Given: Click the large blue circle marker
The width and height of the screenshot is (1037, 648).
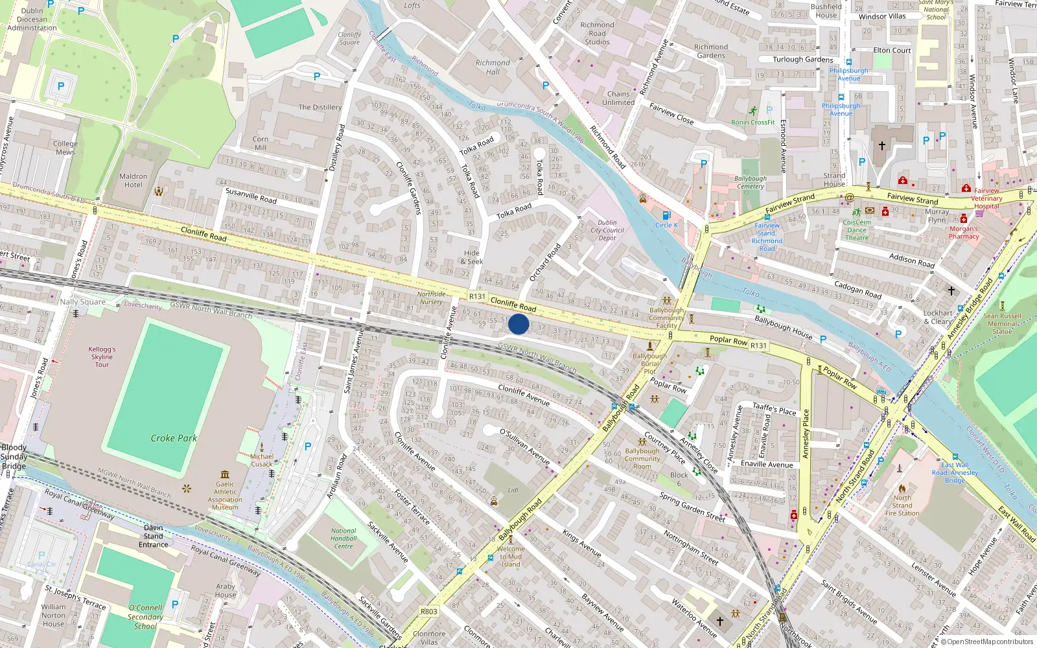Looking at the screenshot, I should tap(518, 324).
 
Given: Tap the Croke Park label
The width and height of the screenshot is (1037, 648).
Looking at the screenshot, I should tap(174, 438).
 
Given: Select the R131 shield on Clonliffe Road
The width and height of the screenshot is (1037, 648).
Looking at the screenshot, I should tap(477, 296).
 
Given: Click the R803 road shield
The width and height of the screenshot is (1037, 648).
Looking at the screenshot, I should tap(429, 611).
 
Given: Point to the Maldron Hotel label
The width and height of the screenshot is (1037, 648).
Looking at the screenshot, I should tap(134, 180).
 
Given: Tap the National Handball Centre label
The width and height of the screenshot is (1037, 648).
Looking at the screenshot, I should tap(344, 538).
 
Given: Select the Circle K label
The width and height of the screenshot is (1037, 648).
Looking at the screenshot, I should tap(666, 225).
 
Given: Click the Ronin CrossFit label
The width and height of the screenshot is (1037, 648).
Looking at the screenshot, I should tap(753, 122).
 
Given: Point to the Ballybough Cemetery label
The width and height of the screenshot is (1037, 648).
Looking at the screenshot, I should tap(751, 182).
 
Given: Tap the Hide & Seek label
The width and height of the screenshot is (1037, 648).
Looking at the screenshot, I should tap(472, 257).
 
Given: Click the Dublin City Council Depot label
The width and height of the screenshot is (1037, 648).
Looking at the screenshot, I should tap(607, 230).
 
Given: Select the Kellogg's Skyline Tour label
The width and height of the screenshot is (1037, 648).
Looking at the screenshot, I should tap(102, 356).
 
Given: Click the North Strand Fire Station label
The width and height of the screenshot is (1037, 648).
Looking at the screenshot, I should tap(902, 505).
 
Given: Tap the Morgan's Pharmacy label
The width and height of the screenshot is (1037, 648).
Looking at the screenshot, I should tap(964, 233).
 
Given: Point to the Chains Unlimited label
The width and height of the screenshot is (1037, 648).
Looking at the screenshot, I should tap(618, 98).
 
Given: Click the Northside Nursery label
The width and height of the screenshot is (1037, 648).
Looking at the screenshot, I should tap(431, 297).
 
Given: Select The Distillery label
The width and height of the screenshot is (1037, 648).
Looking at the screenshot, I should tap(320, 107).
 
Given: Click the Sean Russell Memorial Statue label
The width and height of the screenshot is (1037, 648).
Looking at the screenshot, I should tap(1002, 324).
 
